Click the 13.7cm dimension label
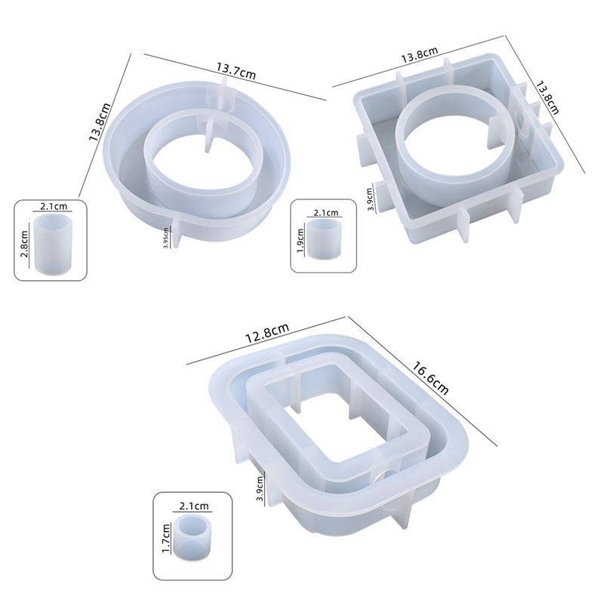(236, 70)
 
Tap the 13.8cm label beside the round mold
(100, 122)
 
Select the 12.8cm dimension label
(267, 333)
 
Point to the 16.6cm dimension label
(430, 378)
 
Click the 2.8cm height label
(24, 244)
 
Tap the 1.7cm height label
(166, 538)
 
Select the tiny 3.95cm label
(166, 238)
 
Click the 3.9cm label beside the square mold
(370, 199)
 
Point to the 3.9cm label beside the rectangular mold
(260, 488)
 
